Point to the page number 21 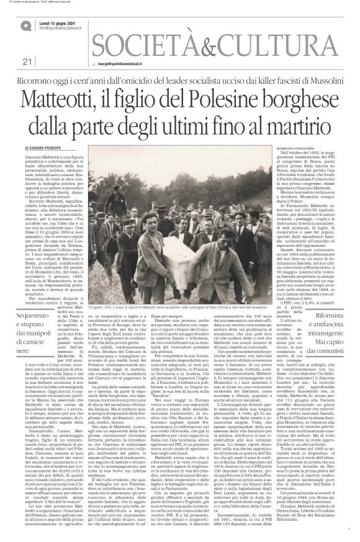[27, 61]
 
